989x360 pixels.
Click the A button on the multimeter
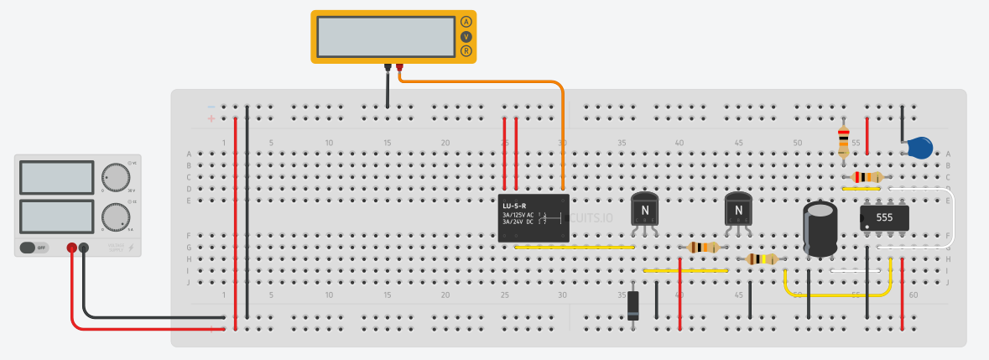pyautogui.click(x=466, y=22)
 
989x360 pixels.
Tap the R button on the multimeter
pyautogui.click(x=466, y=51)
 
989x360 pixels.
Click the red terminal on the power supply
pyautogui.click(x=72, y=248)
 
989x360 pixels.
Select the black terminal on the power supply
pyautogui.click(x=84, y=248)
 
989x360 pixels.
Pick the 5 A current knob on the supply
pyautogui.click(x=113, y=217)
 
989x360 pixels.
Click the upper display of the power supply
pyautogui.click(x=56, y=177)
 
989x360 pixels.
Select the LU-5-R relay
pyautogui.click(x=534, y=218)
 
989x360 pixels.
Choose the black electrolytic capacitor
pyautogui.click(x=820, y=227)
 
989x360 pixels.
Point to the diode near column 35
pyautogui.click(x=633, y=305)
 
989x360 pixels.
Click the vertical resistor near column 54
pyautogui.click(x=844, y=140)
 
